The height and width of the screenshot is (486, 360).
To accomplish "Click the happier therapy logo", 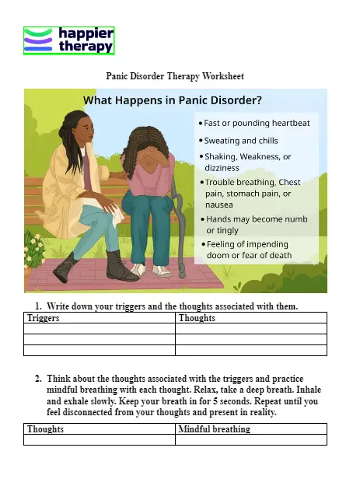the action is [x=69, y=40].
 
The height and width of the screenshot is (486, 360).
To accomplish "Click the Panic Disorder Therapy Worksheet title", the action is [x=174, y=76].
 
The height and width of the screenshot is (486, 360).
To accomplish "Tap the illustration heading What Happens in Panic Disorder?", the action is [x=172, y=100].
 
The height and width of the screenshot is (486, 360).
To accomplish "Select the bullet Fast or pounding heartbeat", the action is [x=256, y=123].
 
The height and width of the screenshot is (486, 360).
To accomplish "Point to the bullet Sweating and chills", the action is [x=240, y=141].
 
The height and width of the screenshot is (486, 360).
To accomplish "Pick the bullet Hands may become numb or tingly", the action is [x=256, y=225].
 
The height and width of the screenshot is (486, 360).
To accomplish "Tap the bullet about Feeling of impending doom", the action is [x=249, y=249].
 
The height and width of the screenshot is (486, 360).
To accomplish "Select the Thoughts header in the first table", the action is [x=197, y=319].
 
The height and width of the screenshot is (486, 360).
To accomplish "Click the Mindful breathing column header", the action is [x=215, y=429].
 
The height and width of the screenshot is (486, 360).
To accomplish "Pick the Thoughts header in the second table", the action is [x=46, y=429].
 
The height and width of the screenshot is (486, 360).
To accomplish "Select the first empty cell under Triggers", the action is [x=100, y=329].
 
